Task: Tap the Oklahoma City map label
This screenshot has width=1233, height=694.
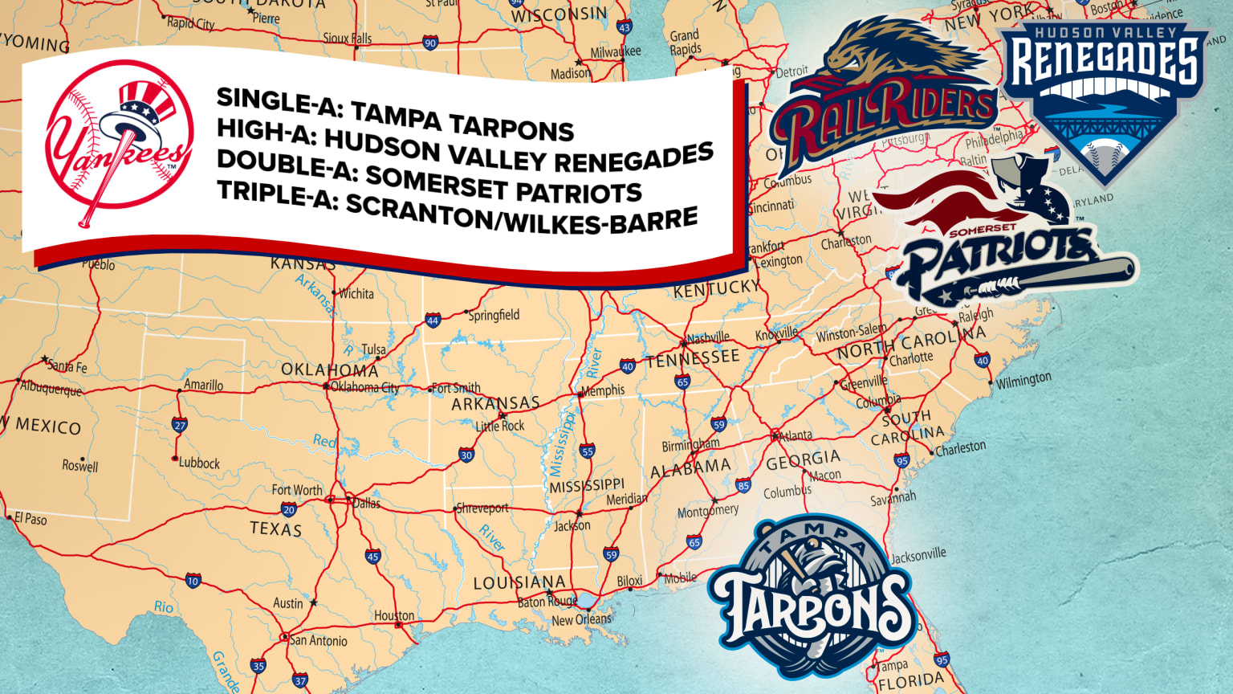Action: (365, 387)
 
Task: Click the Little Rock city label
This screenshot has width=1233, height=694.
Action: (500, 425)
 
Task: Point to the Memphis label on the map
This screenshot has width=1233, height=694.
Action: (603, 390)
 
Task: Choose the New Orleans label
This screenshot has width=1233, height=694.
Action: (581, 620)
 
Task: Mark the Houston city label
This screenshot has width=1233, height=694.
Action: (394, 616)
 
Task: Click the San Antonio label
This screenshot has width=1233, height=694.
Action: (319, 641)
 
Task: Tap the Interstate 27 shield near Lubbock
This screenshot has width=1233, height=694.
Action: (180, 426)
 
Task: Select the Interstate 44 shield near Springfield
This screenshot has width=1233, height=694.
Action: (433, 320)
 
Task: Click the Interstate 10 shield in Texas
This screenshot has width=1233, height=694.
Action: (193, 581)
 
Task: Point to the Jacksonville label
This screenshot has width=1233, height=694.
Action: (918, 555)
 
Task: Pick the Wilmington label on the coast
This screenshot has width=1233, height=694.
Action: (1023, 380)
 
